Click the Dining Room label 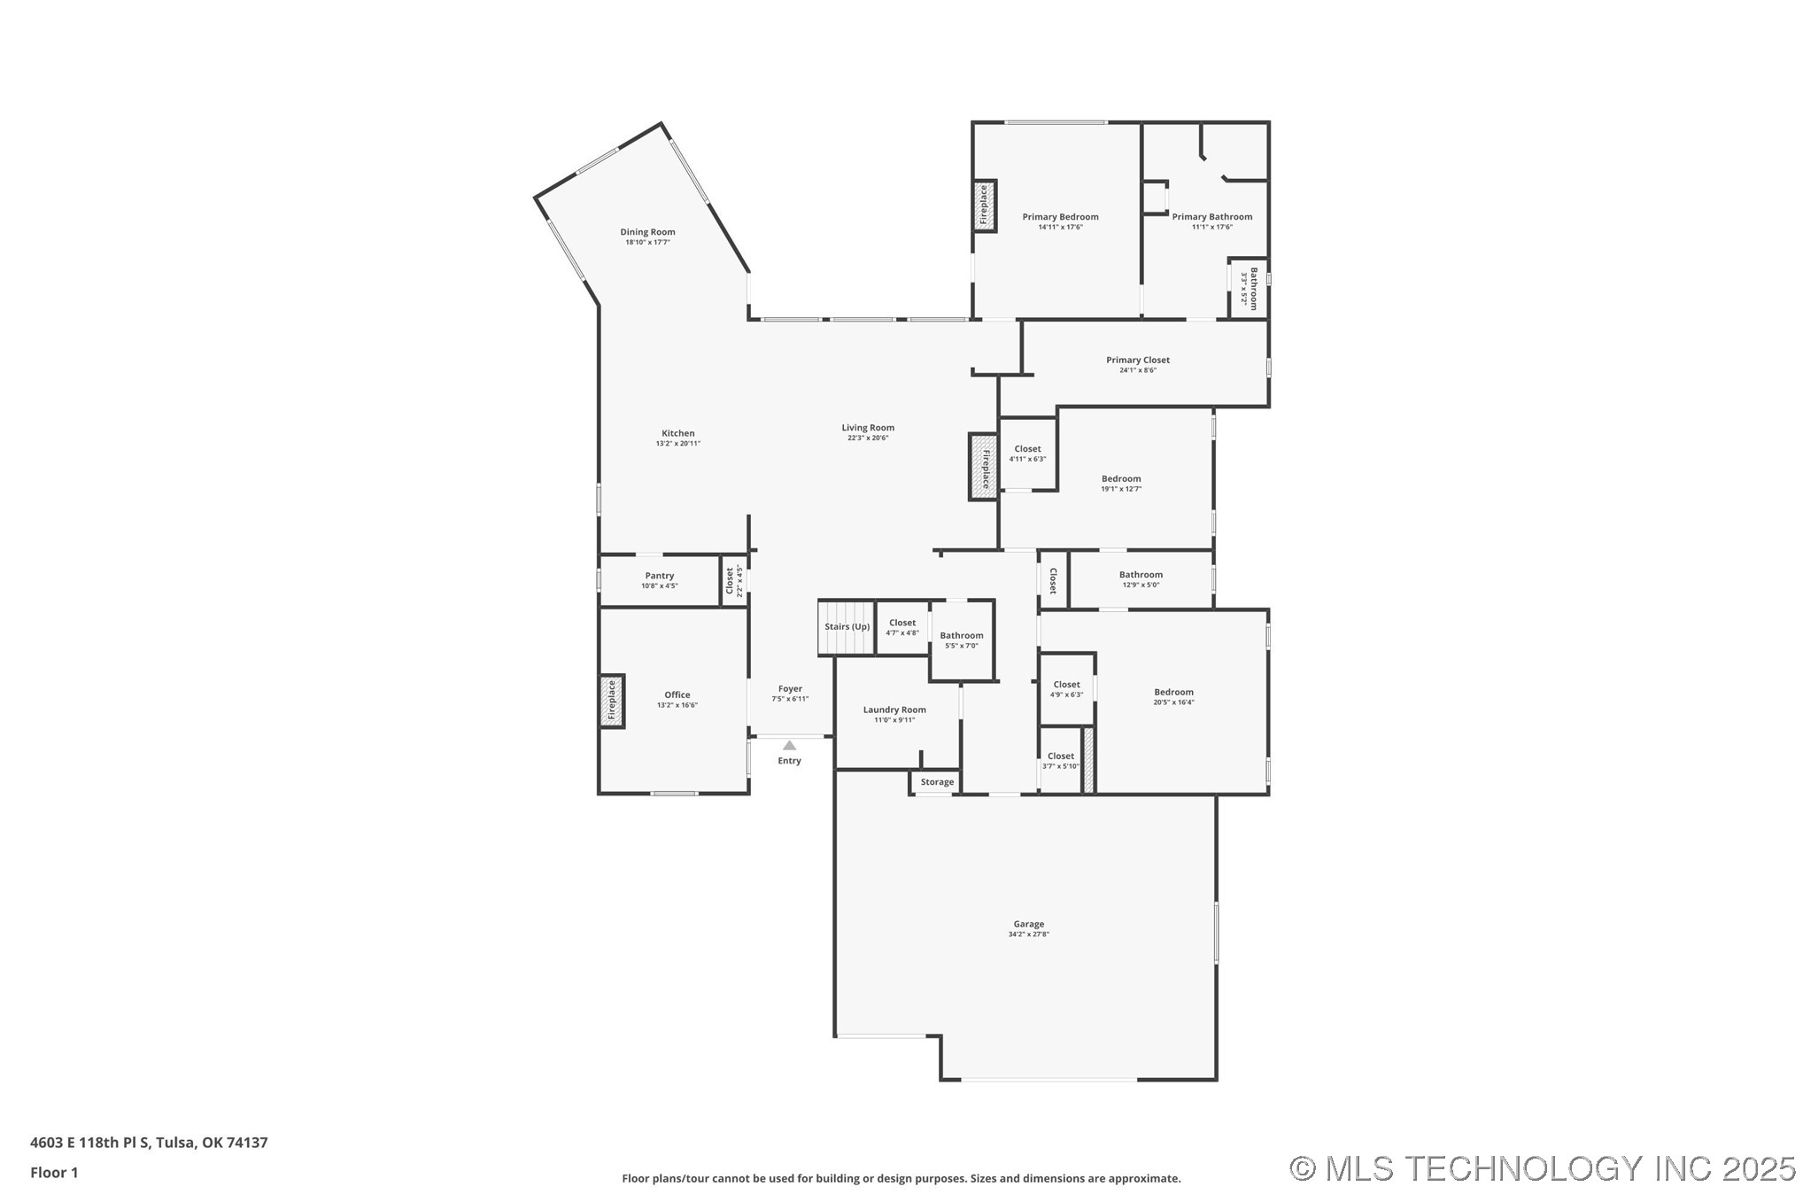point(647,232)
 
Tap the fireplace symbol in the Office point(611,701)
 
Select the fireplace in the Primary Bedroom point(984,206)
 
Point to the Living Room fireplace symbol point(983,467)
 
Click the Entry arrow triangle point(789,746)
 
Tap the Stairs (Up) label point(847,626)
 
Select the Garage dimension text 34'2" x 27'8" point(1028,934)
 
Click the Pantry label point(659,576)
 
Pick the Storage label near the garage point(937,782)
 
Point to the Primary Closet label point(1137,360)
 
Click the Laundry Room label point(894,710)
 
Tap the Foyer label point(790,688)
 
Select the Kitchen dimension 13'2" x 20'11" point(677,444)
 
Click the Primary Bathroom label point(1211,216)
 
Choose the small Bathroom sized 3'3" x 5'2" point(1249,288)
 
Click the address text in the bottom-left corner point(149,1143)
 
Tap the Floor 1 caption point(54,1173)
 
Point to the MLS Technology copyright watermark point(1542,1168)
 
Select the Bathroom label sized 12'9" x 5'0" point(1140,575)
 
